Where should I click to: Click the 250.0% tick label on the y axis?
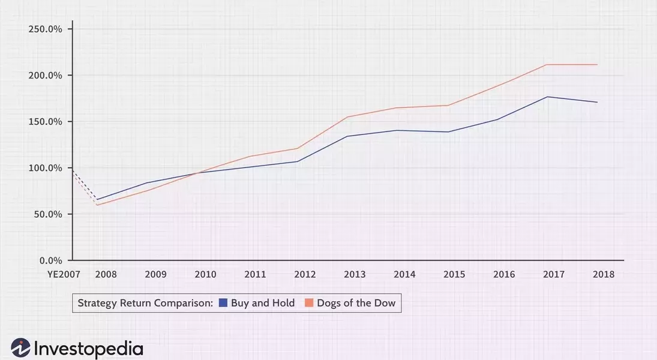[x=45, y=29]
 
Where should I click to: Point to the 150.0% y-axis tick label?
[x=45, y=122]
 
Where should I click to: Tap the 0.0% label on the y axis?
[x=50, y=260]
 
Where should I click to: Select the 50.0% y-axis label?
[x=48, y=214]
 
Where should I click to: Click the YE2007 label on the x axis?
[x=64, y=275]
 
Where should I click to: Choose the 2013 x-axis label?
[x=355, y=275]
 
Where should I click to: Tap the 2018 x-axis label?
[x=604, y=275]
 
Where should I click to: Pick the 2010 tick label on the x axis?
[x=205, y=275]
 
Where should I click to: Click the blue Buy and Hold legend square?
[x=223, y=302]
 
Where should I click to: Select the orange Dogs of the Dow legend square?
[x=309, y=302]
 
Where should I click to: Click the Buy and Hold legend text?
[x=263, y=303]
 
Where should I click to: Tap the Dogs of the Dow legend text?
[x=356, y=303]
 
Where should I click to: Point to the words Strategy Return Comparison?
[x=145, y=303]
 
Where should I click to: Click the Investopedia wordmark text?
[x=88, y=349]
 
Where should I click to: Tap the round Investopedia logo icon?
[x=20, y=348]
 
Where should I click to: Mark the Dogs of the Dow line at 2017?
[x=547, y=65]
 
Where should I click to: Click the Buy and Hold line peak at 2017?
[x=547, y=97]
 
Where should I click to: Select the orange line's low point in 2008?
[x=97, y=205]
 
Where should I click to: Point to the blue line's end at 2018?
[x=597, y=102]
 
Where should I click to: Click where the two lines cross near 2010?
[x=197, y=173]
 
